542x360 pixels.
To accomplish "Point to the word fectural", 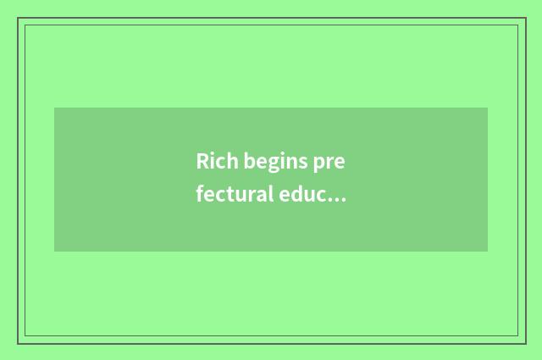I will click(233, 195).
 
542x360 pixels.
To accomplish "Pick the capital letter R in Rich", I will click(202, 161).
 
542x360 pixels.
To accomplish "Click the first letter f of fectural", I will click(200, 194).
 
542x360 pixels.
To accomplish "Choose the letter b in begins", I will click(251, 161).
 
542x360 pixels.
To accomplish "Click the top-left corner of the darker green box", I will click(54, 108).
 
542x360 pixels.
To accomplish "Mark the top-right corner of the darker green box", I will click(488, 108).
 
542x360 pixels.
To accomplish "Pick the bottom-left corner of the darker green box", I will click(54, 252).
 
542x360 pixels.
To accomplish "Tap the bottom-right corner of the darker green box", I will click(488, 252).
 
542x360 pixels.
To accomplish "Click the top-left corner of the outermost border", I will click(18, 18).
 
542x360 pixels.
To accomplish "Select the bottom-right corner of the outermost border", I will click(526, 343).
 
